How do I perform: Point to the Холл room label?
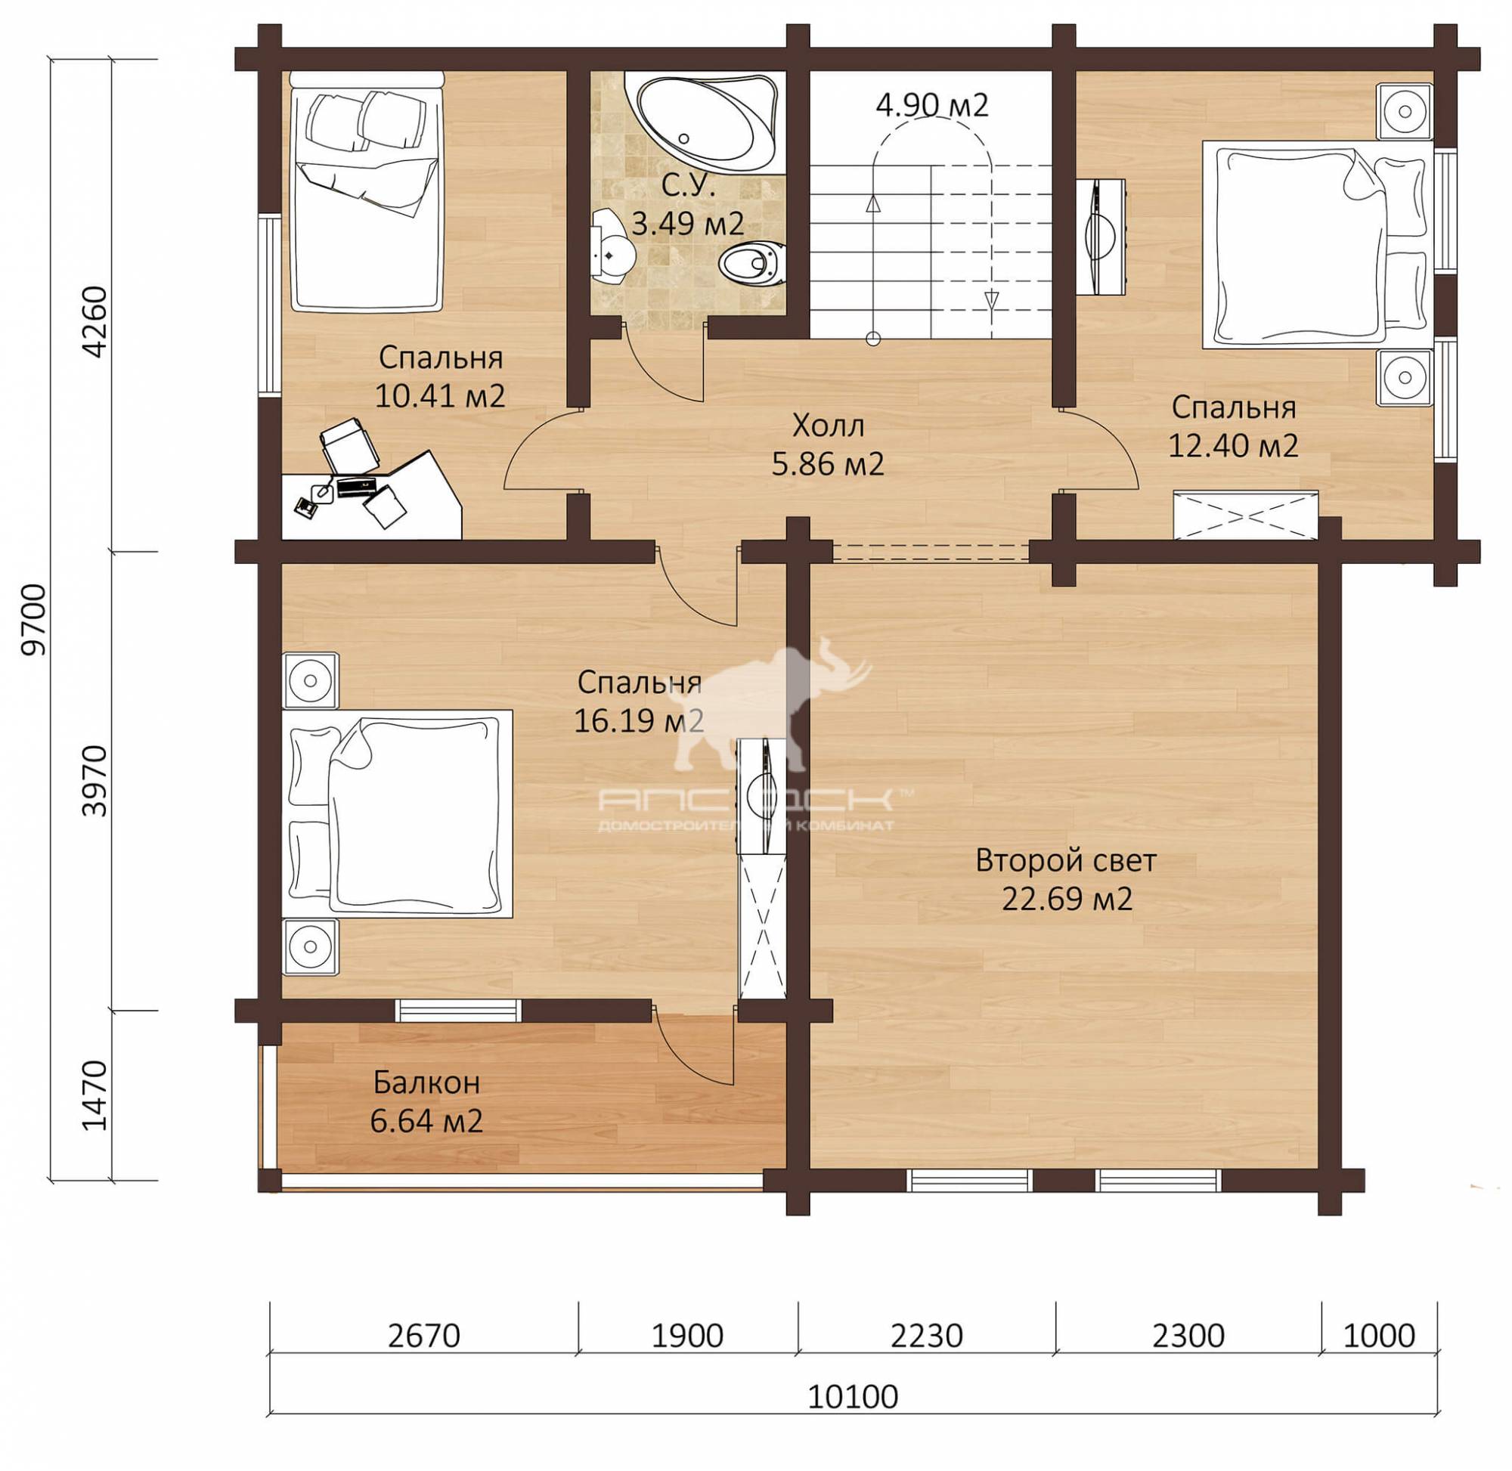point(829,425)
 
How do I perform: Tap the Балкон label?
point(426,1083)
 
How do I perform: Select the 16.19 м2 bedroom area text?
point(639,721)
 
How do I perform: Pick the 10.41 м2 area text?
point(440,396)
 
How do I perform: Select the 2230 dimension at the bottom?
point(926,1336)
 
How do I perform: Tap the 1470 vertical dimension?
point(94,1096)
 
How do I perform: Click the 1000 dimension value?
point(1379,1336)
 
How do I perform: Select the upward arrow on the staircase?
point(874,203)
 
